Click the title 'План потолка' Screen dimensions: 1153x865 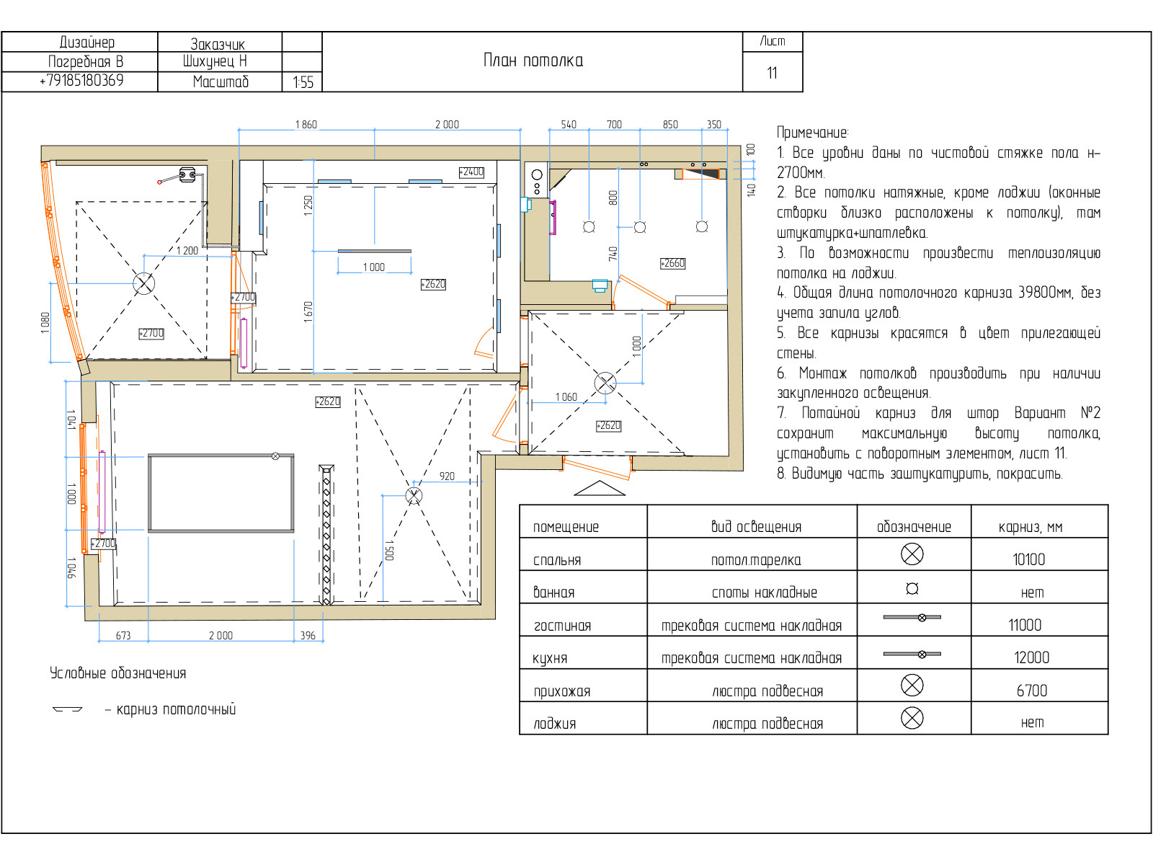pos(533,61)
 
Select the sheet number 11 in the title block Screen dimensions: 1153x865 pos(772,73)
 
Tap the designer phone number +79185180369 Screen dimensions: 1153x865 pos(81,80)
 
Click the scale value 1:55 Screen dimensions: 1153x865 pos(303,82)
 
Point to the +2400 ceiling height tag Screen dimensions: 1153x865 pos(471,172)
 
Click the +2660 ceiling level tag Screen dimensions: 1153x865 pos(673,263)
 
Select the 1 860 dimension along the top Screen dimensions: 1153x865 pos(306,125)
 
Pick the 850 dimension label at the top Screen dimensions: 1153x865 pos(670,125)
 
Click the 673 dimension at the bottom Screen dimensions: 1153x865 pos(123,636)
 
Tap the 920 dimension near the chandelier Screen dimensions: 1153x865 pos(447,476)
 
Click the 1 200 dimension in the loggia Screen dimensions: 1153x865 pos(187,251)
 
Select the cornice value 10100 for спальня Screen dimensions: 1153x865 pos(1028,559)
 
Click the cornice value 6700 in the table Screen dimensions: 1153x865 pos(1032,690)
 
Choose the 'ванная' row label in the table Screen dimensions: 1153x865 pos(553,593)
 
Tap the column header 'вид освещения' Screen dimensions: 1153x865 pos(756,526)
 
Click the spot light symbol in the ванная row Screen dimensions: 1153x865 pos(912,589)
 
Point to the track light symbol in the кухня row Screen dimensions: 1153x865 pos(912,655)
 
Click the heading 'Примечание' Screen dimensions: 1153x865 pos(812,133)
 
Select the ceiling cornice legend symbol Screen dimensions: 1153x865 pos(67,709)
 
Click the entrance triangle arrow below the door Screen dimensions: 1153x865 pos(600,489)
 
